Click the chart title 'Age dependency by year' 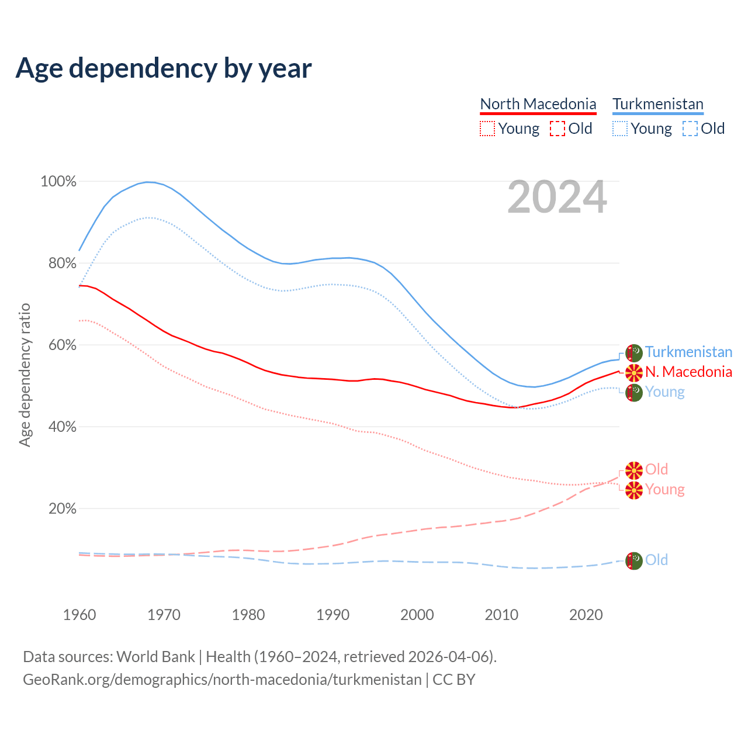coord(164,68)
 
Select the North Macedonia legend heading coord(538,104)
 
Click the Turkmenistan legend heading coord(658,104)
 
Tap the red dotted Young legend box coord(487,129)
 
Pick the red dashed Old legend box coord(557,129)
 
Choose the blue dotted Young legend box coord(620,129)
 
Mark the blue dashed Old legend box coord(690,129)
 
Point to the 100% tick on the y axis coord(58,182)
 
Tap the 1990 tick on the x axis coord(333,615)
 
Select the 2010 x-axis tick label coord(501,615)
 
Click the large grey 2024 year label coord(557,197)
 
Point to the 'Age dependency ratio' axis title coord(25,375)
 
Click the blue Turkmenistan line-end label coord(688,352)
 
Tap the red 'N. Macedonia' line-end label coord(688,372)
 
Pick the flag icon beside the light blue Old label coord(634,560)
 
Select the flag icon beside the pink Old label coord(634,470)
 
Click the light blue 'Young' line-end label coord(664,392)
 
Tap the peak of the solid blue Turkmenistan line coord(150,182)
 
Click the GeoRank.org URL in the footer coord(222,680)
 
